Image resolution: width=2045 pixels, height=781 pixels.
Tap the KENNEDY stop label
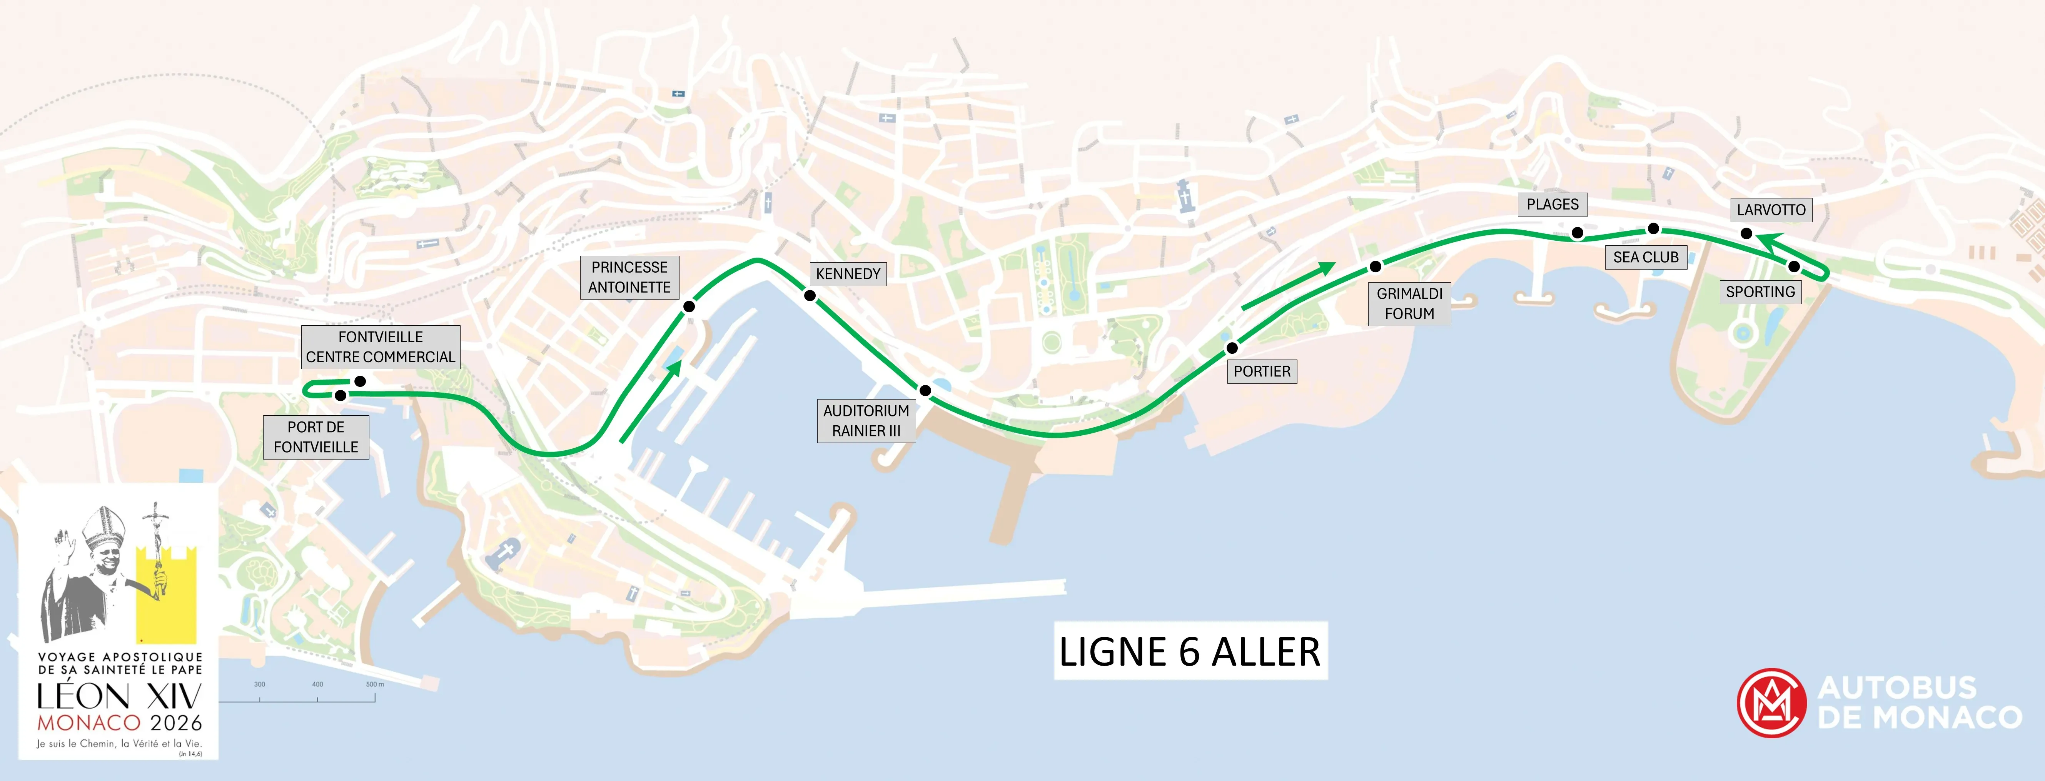click(848, 274)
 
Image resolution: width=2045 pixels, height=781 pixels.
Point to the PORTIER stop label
click(1262, 371)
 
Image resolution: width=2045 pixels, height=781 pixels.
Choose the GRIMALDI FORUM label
click(1409, 303)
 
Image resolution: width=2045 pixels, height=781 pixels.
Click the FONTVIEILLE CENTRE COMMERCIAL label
click(380, 347)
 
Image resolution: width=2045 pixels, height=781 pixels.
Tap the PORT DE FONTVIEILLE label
click(316, 436)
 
